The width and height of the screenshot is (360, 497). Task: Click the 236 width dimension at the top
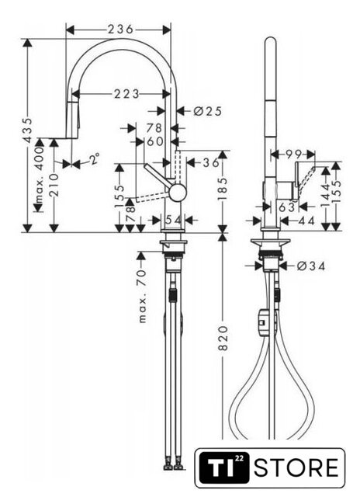[x=120, y=30]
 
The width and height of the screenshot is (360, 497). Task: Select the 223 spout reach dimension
[x=126, y=94]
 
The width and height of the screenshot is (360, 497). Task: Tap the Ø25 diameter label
[x=208, y=111]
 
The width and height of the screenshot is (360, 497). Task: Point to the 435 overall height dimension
[x=28, y=130]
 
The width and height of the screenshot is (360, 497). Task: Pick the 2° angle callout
[x=94, y=158]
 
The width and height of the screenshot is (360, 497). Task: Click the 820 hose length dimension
[x=223, y=338]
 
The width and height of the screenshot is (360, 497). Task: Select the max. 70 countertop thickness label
[x=143, y=296]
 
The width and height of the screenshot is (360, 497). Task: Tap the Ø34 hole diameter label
[x=311, y=266]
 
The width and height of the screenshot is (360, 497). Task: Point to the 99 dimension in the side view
[x=293, y=154]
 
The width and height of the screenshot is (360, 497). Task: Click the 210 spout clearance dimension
[x=54, y=185]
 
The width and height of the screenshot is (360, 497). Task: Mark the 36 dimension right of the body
[x=210, y=162]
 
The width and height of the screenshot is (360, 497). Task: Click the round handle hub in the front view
[x=178, y=192]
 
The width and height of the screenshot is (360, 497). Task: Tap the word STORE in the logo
[x=296, y=467]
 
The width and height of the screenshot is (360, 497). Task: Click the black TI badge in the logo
[x=223, y=467]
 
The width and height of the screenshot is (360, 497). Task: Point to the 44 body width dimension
[x=306, y=221]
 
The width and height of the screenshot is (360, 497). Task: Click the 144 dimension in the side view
[x=326, y=196]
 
